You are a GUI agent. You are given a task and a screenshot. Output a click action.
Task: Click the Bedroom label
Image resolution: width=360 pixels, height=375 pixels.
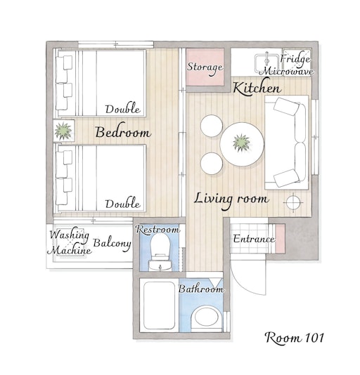(x=123, y=131)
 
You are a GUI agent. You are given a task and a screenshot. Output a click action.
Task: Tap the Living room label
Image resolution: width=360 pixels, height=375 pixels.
(x=231, y=200)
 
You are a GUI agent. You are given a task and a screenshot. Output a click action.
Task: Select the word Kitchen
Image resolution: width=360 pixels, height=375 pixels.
(x=257, y=88)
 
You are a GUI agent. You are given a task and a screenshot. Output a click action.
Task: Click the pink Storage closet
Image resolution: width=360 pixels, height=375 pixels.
(x=205, y=67)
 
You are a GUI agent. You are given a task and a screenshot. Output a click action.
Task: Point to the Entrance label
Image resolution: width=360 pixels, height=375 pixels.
(x=254, y=239)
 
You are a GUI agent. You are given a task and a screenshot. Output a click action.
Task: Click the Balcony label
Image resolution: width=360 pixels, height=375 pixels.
(x=112, y=244)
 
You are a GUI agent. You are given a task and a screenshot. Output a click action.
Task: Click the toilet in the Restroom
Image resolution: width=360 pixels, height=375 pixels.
(x=160, y=252)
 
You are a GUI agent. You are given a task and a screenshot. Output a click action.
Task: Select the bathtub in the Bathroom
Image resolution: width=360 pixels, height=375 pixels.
(x=160, y=305)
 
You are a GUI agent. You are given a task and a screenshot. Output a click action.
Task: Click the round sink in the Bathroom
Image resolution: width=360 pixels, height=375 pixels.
(x=207, y=317)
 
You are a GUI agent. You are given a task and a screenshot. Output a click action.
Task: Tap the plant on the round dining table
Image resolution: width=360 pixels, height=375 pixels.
(x=241, y=143)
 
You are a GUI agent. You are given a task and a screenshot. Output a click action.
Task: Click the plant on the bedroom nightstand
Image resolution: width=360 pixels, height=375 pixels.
(x=63, y=131)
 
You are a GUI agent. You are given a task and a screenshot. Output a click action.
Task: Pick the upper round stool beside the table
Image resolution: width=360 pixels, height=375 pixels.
(x=212, y=126)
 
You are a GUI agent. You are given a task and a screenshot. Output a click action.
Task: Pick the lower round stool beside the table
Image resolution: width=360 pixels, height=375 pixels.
(x=212, y=164)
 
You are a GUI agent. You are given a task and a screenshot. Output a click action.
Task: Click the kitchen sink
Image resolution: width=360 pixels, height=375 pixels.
(x=266, y=63)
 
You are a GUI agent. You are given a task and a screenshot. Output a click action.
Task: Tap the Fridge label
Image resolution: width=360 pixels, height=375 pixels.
(x=295, y=59)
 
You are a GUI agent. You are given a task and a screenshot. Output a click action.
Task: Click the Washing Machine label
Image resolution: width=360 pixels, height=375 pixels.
(x=70, y=242)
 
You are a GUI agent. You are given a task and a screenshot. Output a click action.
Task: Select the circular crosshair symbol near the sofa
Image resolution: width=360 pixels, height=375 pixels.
(x=293, y=202)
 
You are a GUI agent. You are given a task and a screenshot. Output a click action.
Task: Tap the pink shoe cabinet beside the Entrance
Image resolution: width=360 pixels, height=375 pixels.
(x=280, y=239)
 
